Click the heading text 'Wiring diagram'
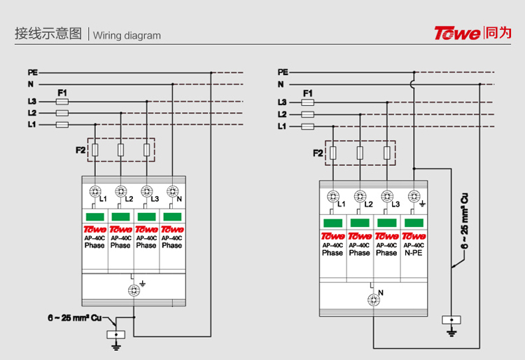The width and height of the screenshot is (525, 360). pos(127,36)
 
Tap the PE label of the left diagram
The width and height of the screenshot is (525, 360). pos(32,72)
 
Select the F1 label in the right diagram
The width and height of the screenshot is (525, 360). pos(307,93)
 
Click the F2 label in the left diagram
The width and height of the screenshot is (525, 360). pos(80,149)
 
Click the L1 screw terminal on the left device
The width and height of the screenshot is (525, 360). pos(94,191)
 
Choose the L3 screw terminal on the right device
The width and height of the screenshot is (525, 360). pos(387,196)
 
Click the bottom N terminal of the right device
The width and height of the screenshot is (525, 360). pos(373,299)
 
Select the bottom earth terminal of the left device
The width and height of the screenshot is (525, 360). pos(133,289)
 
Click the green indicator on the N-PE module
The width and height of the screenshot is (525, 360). pos(414,223)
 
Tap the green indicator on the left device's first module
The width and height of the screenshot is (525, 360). pos(94,216)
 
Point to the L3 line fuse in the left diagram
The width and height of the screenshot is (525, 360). pos(62,102)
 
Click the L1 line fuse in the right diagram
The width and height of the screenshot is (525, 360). pos(307,126)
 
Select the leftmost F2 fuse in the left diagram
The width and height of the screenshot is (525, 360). pos(94,149)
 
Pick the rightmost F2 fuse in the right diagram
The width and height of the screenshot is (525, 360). pos(387,153)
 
